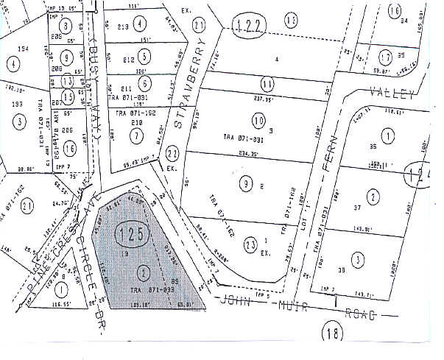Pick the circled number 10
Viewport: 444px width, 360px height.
click(258, 120)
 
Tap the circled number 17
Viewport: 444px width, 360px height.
click(385, 57)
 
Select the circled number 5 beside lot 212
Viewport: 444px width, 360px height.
click(146, 56)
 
